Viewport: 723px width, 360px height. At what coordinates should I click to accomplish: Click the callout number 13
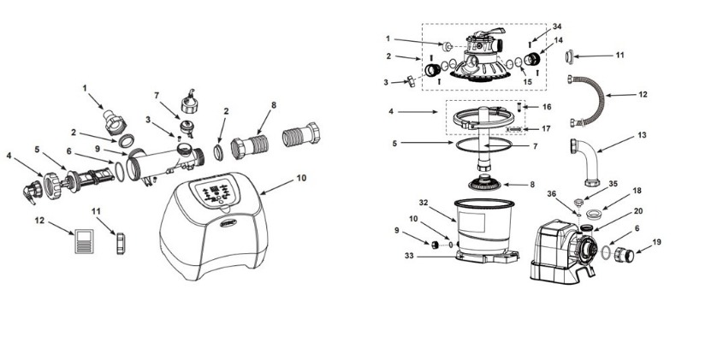coord(642,135)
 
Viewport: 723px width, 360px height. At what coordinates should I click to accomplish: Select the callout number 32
coord(424,203)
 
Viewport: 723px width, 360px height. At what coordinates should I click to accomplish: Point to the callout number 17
coord(546,128)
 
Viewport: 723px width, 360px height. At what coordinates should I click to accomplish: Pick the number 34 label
coord(557,27)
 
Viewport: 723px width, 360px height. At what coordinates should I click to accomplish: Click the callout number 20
coord(638,211)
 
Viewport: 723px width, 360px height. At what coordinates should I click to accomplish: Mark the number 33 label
coord(409,256)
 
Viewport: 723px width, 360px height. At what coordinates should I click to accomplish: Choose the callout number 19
coord(656,241)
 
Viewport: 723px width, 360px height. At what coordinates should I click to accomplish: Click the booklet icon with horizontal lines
coord(84,241)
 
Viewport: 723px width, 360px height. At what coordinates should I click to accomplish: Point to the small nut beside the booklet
coord(121,244)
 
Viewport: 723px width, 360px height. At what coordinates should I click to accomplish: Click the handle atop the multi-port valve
coord(488,32)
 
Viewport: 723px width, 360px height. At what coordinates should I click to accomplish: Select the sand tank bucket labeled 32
coord(483,227)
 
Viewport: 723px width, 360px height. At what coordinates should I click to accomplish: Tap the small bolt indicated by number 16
coord(519,107)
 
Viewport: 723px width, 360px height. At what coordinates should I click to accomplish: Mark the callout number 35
coord(613,183)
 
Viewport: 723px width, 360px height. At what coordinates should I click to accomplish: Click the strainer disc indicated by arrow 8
coord(484,183)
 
